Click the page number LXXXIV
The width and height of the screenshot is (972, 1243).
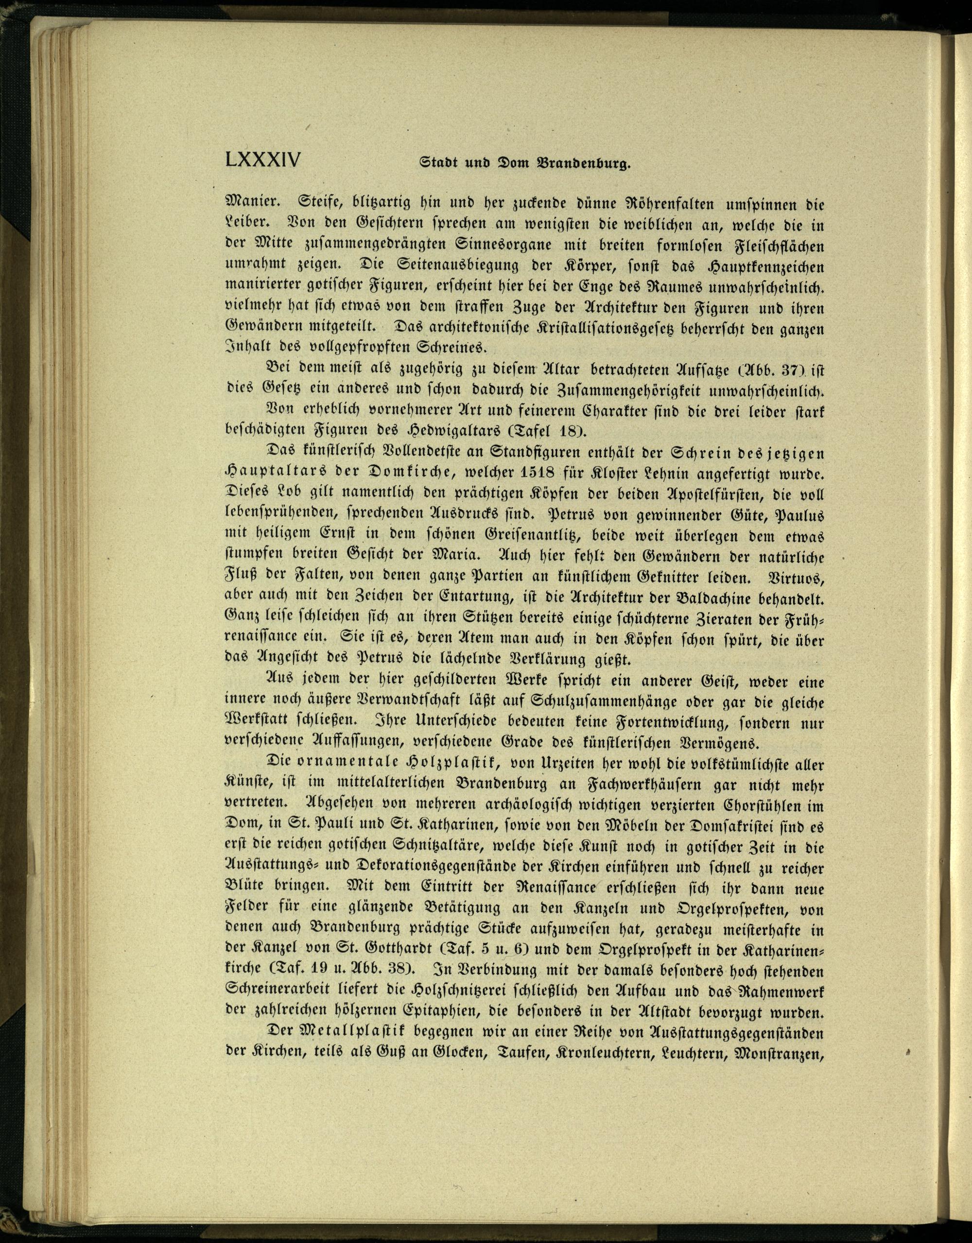(x=262, y=159)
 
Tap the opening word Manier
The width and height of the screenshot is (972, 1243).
(x=248, y=204)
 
